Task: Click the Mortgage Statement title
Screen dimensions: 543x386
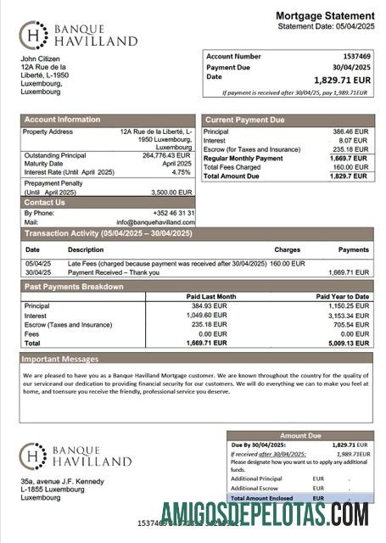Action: pyautogui.click(x=324, y=15)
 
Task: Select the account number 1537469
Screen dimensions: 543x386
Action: pyautogui.click(x=355, y=56)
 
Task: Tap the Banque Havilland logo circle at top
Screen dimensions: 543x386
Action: pyautogui.click(x=33, y=35)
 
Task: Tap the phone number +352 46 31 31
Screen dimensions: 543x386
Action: pyautogui.click(x=173, y=213)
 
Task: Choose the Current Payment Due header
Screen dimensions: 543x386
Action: pyautogui.click(x=245, y=120)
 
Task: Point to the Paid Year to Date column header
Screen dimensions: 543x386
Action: pyautogui.click(x=342, y=296)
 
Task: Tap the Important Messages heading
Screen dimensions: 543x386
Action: pyautogui.click(x=62, y=359)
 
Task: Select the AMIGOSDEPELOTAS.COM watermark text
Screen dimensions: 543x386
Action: pyautogui.click(x=264, y=513)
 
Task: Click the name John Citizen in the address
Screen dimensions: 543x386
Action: pyautogui.click(x=40, y=59)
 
